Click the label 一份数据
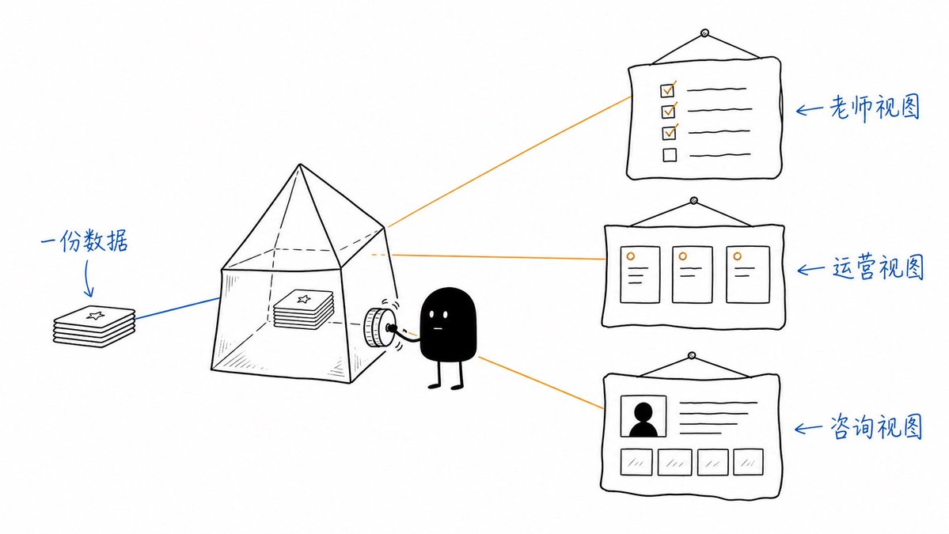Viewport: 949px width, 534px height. tap(84, 242)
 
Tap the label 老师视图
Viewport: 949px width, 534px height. tap(875, 108)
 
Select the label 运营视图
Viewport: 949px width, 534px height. tap(878, 267)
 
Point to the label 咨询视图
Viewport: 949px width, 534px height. tap(875, 427)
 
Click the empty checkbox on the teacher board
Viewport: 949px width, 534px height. tap(670, 155)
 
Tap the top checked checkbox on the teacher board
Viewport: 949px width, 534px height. tap(667, 90)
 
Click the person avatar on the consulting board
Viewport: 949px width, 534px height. tap(643, 416)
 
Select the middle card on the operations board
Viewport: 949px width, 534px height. tap(693, 274)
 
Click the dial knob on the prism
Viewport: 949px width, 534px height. tap(377, 328)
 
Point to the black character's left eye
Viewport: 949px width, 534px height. tap(431, 315)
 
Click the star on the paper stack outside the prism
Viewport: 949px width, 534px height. tap(95, 315)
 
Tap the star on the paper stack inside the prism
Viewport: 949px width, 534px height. tap(304, 299)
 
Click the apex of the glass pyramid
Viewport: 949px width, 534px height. tap(300, 164)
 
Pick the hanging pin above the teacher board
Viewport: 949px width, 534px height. tap(704, 33)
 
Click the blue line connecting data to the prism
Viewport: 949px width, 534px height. tap(177, 308)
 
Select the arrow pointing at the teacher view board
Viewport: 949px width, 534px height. tap(810, 109)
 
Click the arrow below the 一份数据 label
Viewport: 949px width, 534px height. tap(88, 278)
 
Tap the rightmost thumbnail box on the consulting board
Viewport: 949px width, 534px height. tap(748, 462)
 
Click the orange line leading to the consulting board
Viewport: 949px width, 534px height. tap(541, 382)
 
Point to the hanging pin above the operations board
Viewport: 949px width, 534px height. tap(694, 201)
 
